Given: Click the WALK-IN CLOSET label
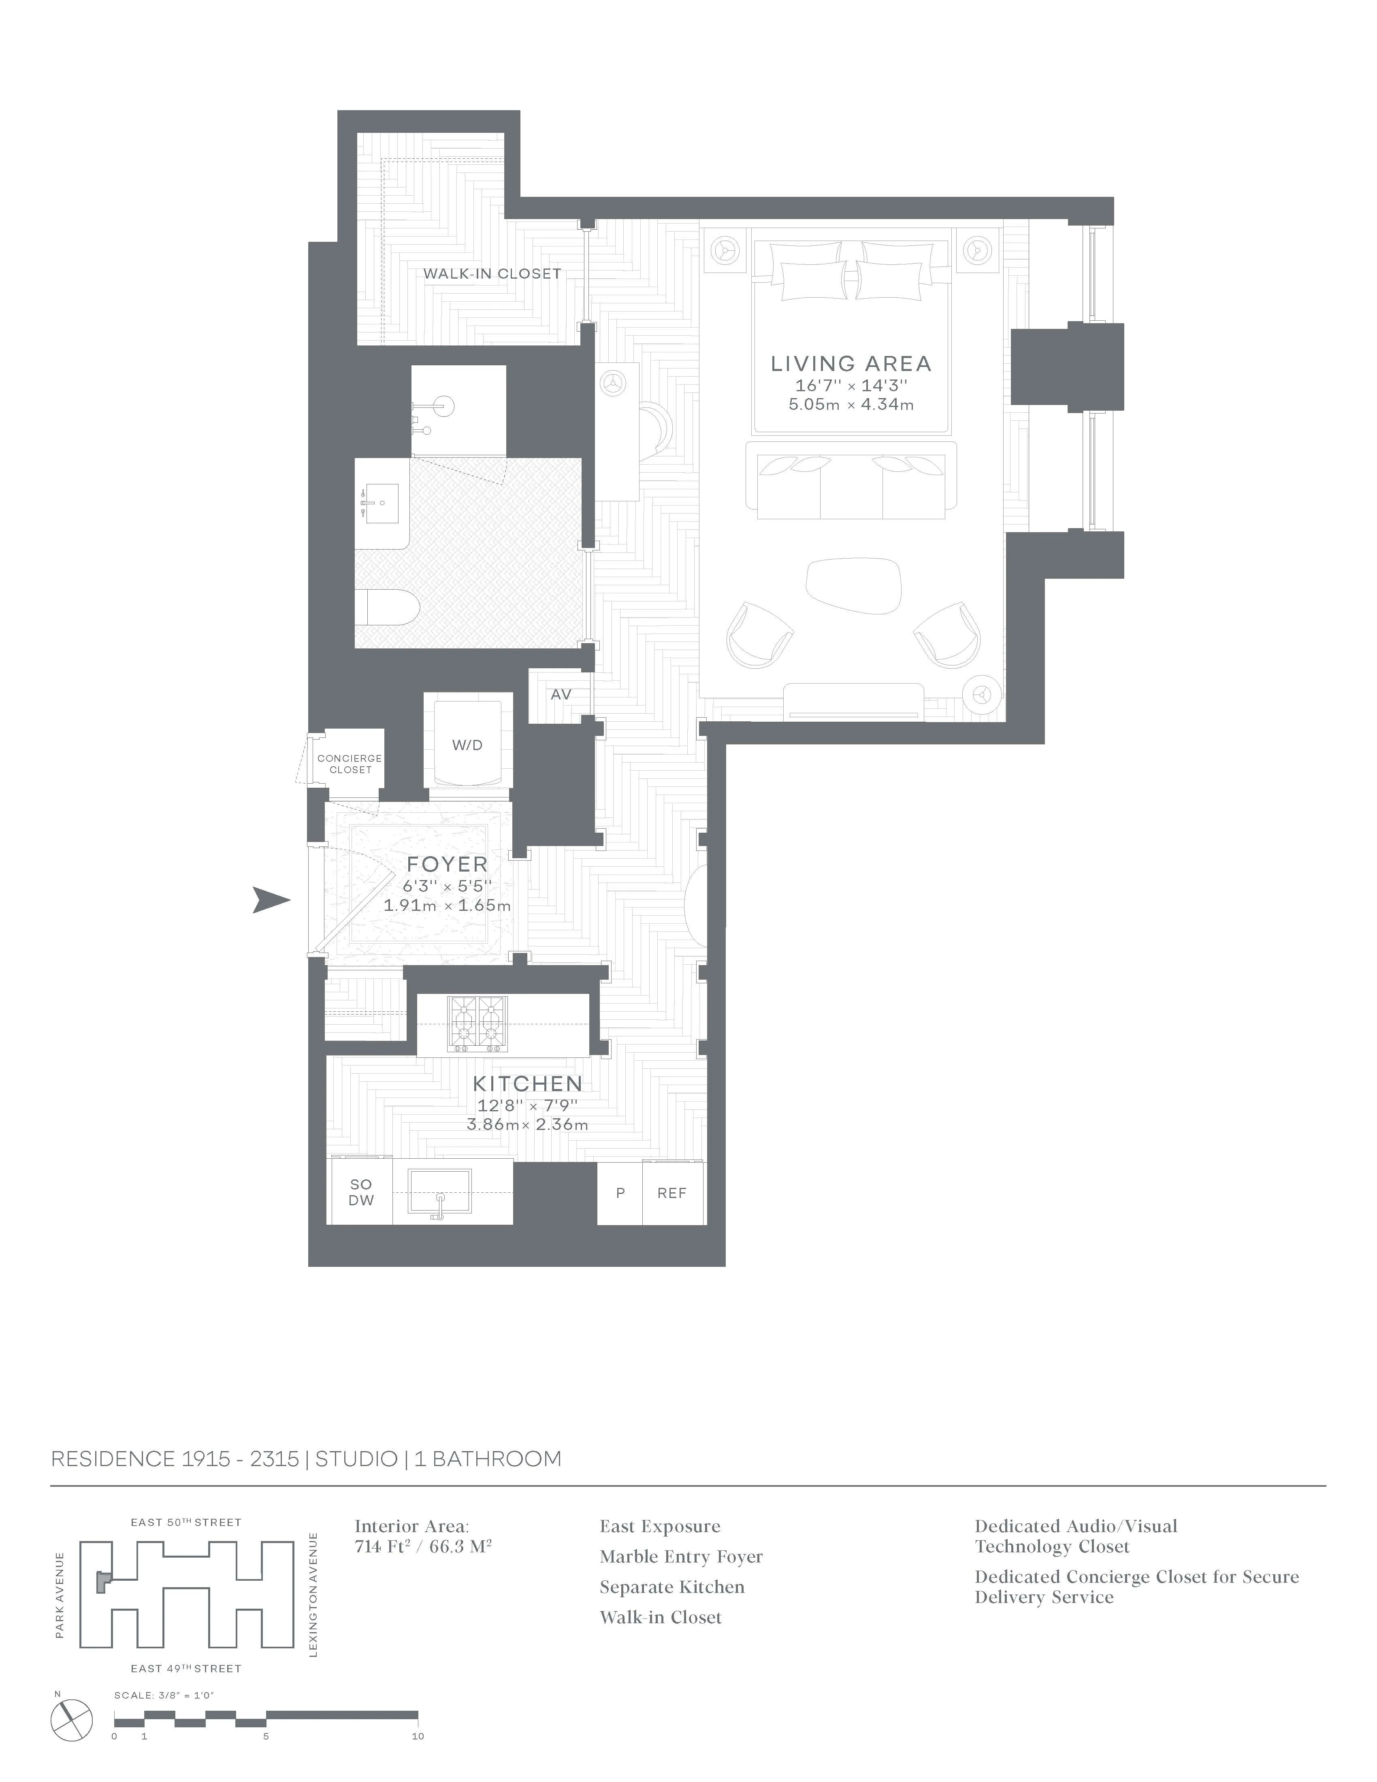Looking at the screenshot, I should click(x=492, y=274).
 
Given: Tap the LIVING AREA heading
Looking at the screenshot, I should click(x=851, y=364).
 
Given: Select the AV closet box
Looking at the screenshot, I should click(x=561, y=694).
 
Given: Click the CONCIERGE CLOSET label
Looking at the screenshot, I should click(x=350, y=764).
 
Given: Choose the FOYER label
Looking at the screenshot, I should click(x=447, y=864).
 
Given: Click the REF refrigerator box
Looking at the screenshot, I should click(x=672, y=1193).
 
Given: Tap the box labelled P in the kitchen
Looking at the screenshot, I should click(x=620, y=1193).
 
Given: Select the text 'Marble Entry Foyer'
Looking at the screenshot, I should click(x=681, y=1557).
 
